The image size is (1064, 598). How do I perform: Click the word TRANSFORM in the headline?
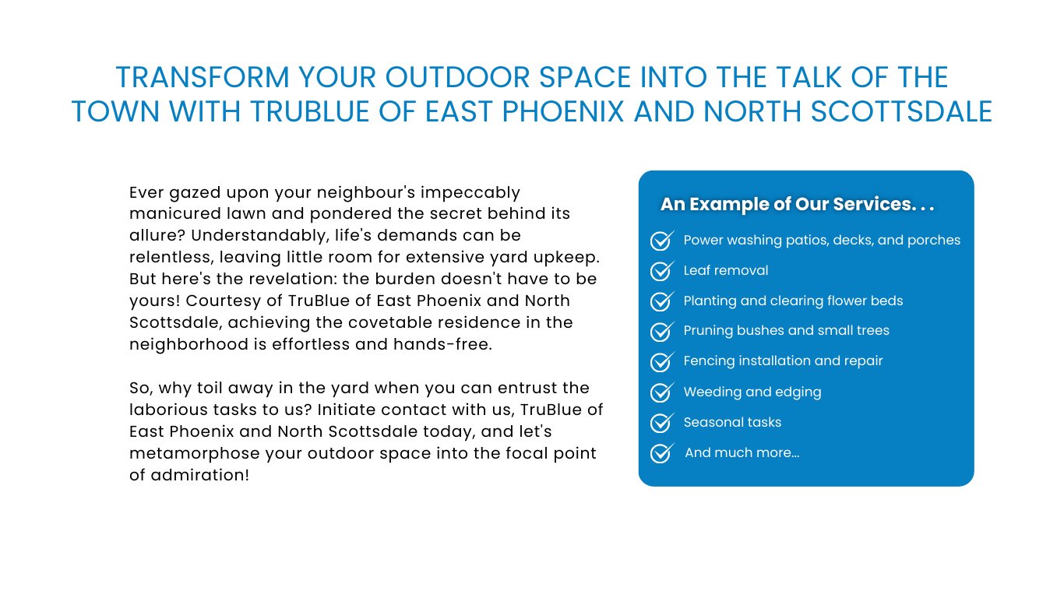point(203,77)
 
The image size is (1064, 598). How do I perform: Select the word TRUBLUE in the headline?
point(310,111)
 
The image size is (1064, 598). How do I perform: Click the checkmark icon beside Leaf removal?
point(662,271)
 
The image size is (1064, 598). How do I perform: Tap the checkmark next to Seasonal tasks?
point(662,422)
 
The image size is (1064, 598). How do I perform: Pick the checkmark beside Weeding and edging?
point(662,392)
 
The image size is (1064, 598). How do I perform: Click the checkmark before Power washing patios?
point(662,241)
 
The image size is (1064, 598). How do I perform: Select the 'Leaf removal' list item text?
point(725,270)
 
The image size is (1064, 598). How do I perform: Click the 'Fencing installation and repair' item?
point(783,361)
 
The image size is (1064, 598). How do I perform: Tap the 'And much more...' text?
point(742,452)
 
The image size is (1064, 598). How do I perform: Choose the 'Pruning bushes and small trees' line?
point(786,331)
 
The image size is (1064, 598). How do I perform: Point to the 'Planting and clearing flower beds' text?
point(793,301)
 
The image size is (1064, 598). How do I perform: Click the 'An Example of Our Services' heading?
point(797,204)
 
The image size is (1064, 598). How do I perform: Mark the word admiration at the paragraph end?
point(199,475)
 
